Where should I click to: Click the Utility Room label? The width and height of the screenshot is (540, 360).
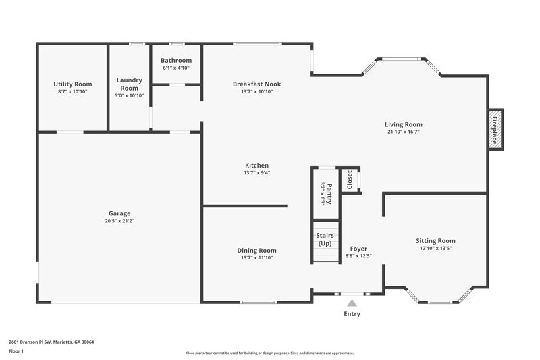[72, 84]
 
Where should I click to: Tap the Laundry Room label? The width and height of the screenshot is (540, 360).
[129, 84]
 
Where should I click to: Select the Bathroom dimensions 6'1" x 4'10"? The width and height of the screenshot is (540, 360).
[176, 68]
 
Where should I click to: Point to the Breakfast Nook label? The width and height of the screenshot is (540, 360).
[256, 84]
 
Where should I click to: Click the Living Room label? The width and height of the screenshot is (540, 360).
[404, 124]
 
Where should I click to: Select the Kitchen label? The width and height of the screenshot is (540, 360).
[256, 165]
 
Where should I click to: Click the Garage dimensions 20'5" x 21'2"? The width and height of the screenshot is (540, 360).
[119, 220]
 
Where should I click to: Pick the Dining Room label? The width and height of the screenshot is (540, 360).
[256, 250]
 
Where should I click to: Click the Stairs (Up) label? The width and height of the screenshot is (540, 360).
[325, 239]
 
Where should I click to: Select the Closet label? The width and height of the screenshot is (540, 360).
[350, 180]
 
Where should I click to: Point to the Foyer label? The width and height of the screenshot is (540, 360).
[358, 249]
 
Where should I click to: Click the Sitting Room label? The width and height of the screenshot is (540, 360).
[435, 240]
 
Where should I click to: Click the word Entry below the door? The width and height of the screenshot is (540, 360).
[352, 314]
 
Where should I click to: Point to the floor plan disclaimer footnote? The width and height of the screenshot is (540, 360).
[269, 353]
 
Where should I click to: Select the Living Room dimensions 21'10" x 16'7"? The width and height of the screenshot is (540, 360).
[404, 132]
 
